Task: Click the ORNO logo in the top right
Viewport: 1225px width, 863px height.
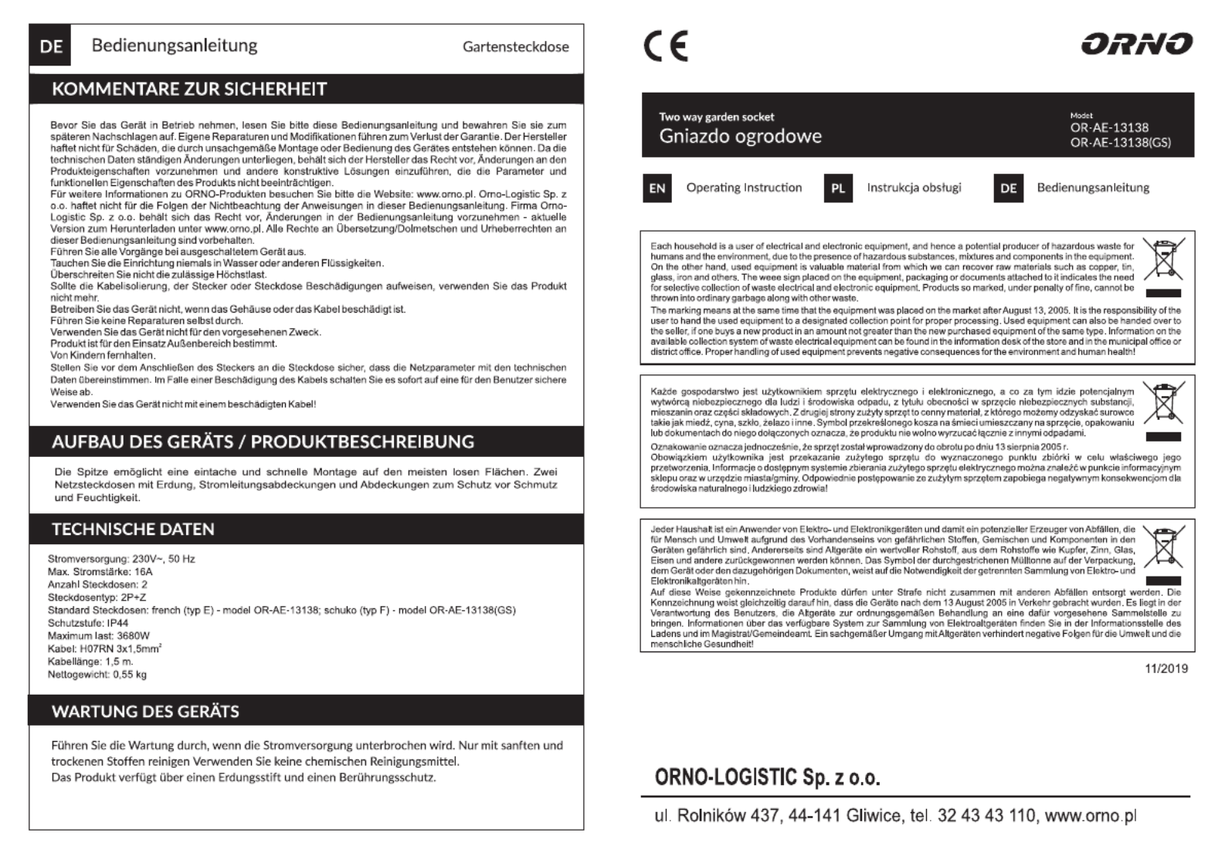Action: pyautogui.click(x=1136, y=44)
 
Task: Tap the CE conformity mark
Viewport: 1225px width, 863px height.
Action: pyautogui.click(x=665, y=46)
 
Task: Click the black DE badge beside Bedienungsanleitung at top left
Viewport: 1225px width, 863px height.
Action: pyautogui.click(x=50, y=46)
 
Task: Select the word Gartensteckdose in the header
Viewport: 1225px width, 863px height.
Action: pyautogui.click(x=515, y=46)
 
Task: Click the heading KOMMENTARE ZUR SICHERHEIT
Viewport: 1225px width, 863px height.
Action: pyautogui.click(x=189, y=89)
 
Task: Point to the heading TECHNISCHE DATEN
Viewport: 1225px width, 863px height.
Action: pyautogui.click(x=133, y=529)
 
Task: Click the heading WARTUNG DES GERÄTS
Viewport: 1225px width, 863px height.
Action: pyautogui.click(x=145, y=711)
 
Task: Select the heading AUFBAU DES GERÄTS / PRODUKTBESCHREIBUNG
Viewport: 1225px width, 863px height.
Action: pyautogui.click(x=263, y=442)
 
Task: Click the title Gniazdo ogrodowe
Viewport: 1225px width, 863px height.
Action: pyautogui.click(x=740, y=137)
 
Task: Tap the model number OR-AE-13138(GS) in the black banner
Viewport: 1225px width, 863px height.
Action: pyautogui.click(x=1120, y=142)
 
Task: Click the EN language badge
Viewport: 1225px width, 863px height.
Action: pyautogui.click(x=657, y=188)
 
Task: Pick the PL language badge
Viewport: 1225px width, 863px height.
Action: pyautogui.click(x=838, y=188)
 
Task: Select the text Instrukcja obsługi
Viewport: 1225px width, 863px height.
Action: pyautogui.click(x=914, y=188)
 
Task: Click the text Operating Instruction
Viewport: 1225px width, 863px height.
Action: pyautogui.click(x=744, y=188)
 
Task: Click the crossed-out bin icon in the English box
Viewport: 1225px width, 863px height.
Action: pyautogui.click(x=1162, y=260)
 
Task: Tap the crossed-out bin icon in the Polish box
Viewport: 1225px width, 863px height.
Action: pyautogui.click(x=1162, y=402)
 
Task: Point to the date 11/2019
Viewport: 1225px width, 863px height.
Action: pyautogui.click(x=1166, y=668)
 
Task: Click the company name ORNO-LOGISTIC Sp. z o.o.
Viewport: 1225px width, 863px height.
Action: pyautogui.click(x=767, y=777)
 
